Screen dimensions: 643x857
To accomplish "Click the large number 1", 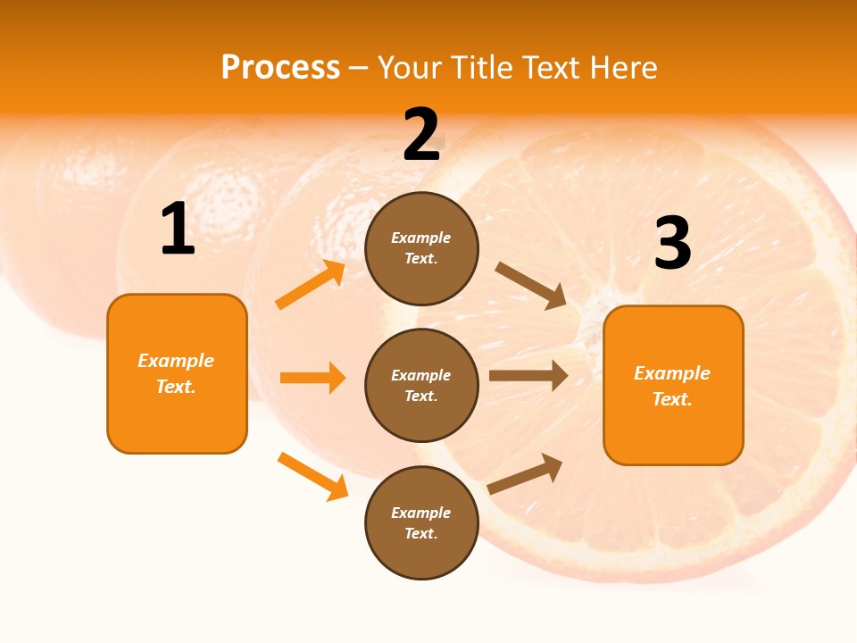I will click(x=178, y=230).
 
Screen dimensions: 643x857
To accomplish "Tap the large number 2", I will click(x=421, y=135).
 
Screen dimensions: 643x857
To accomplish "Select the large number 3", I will click(x=672, y=243).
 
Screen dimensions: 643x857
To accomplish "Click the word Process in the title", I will click(x=280, y=67).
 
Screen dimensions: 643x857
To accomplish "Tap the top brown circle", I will click(x=421, y=248).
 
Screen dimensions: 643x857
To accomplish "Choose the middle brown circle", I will click(x=421, y=385).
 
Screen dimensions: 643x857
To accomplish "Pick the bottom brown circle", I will click(x=421, y=522).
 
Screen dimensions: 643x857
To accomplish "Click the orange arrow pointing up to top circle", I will click(x=311, y=285).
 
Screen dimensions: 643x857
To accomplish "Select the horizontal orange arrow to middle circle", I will click(x=312, y=378).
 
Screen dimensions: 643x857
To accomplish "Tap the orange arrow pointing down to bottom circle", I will click(x=312, y=476).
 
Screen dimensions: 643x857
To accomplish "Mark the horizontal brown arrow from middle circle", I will click(x=528, y=376).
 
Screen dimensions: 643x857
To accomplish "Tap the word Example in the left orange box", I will click(x=176, y=361).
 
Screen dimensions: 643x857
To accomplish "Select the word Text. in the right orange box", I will click(x=672, y=399).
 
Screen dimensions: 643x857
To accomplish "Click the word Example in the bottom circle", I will click(x=421, y=513).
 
